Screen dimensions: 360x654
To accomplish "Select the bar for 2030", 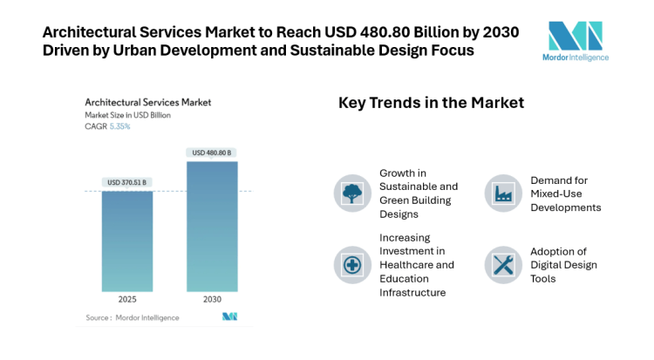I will (212, 226).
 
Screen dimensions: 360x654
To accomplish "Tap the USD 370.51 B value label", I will (127, 182).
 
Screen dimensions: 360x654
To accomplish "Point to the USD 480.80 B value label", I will (212, 153).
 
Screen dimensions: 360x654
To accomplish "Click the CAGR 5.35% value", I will (119, 126).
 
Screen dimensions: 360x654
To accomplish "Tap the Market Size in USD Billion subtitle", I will (127, 115).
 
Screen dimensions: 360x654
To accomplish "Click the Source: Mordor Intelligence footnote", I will (133, 317).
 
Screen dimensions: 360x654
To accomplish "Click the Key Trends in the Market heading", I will (431, 103).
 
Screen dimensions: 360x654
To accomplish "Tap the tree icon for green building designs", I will (352, 193).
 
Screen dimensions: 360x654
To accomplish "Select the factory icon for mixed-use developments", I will (503, 193).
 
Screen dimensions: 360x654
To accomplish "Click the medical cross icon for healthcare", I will (352, 265).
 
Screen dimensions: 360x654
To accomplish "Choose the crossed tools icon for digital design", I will (503, 265).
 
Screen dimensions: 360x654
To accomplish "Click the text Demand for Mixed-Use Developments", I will (565, 194).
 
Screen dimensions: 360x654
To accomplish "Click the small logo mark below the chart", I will (229, 316).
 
